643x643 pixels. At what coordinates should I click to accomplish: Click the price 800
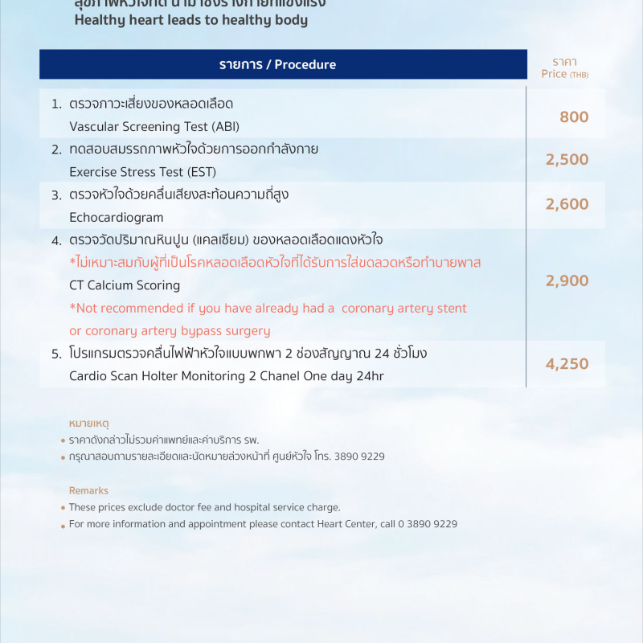(x=574, y=117)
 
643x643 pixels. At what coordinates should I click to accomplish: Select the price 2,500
(x=567, y=160)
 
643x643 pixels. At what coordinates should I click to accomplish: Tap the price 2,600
(x=567, y=205)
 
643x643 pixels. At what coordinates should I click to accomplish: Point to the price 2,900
(x=567, y=281)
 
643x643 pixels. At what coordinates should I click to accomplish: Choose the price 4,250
(x=567, y=364)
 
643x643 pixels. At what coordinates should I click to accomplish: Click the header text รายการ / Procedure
(x=277, y=65)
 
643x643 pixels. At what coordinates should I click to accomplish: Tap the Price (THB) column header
(x=564, y=74)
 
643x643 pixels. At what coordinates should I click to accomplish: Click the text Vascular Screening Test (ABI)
(x=154, y=127)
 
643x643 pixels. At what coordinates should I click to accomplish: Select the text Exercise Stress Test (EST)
(x=142, y=172)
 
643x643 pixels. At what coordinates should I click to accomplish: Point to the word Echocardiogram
(x=116, y=218)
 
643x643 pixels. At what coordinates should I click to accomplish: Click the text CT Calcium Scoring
(x=125, y=285)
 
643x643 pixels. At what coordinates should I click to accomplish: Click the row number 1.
(x=56, y=104)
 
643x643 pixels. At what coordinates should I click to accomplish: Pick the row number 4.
(x=56, y=240)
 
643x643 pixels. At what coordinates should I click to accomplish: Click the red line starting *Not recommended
(x=268, y=309)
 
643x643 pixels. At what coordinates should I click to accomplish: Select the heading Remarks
(x=88, y=490)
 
